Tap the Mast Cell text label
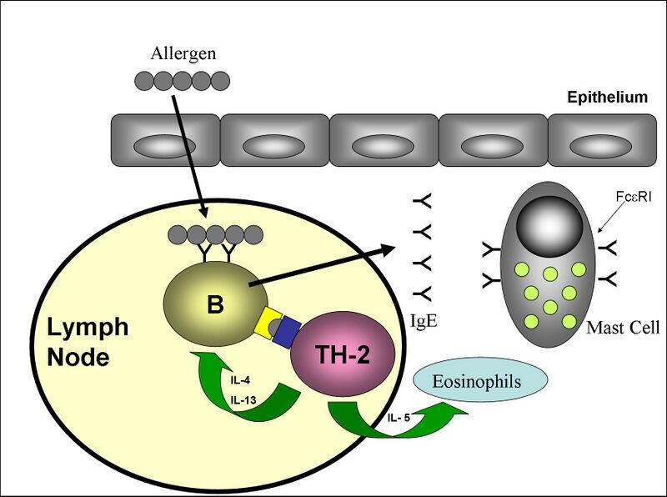click(x=623, y=328)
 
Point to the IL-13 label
click(x=243, y=400)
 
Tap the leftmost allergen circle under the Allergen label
click(x=143, y=81)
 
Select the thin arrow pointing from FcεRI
click(x=610, y=219)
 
